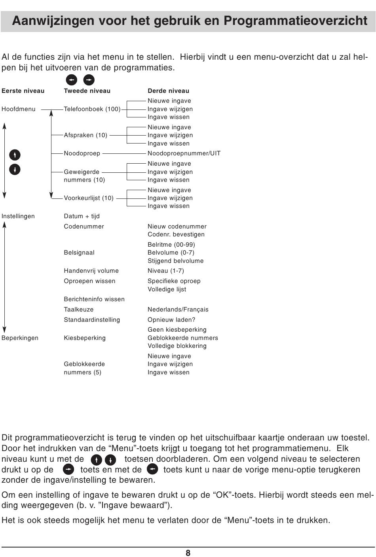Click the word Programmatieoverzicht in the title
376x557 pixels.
(x=296, y=21)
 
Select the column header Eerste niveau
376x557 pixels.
(x=23, y=91)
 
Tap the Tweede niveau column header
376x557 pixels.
(x=87, y=91)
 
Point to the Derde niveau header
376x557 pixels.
(x=168, y=91)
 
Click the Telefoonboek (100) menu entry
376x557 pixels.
(x=92, y=109)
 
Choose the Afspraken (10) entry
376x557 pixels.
(x=85, y=135)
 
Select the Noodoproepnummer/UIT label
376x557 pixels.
(x=184, y=153)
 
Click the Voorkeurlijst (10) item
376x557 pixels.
(x=89, y=198)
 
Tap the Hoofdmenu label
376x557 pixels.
(x=18, y=109)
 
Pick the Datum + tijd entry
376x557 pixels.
(x=82, y=216)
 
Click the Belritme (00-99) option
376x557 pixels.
(x=171, y=245)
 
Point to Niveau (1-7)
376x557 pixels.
(x=165, y=271)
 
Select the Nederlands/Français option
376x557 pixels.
(x=178, y=310)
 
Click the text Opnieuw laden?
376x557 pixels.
(x=171, y=320)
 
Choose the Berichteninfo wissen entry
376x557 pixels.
(x=94, y=299)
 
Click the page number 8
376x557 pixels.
(x=188, y=553)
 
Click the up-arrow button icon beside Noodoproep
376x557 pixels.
(x=15, y=155)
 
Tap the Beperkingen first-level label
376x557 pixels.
(x=20, y=338)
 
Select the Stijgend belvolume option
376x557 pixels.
(x=175, y=261)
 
